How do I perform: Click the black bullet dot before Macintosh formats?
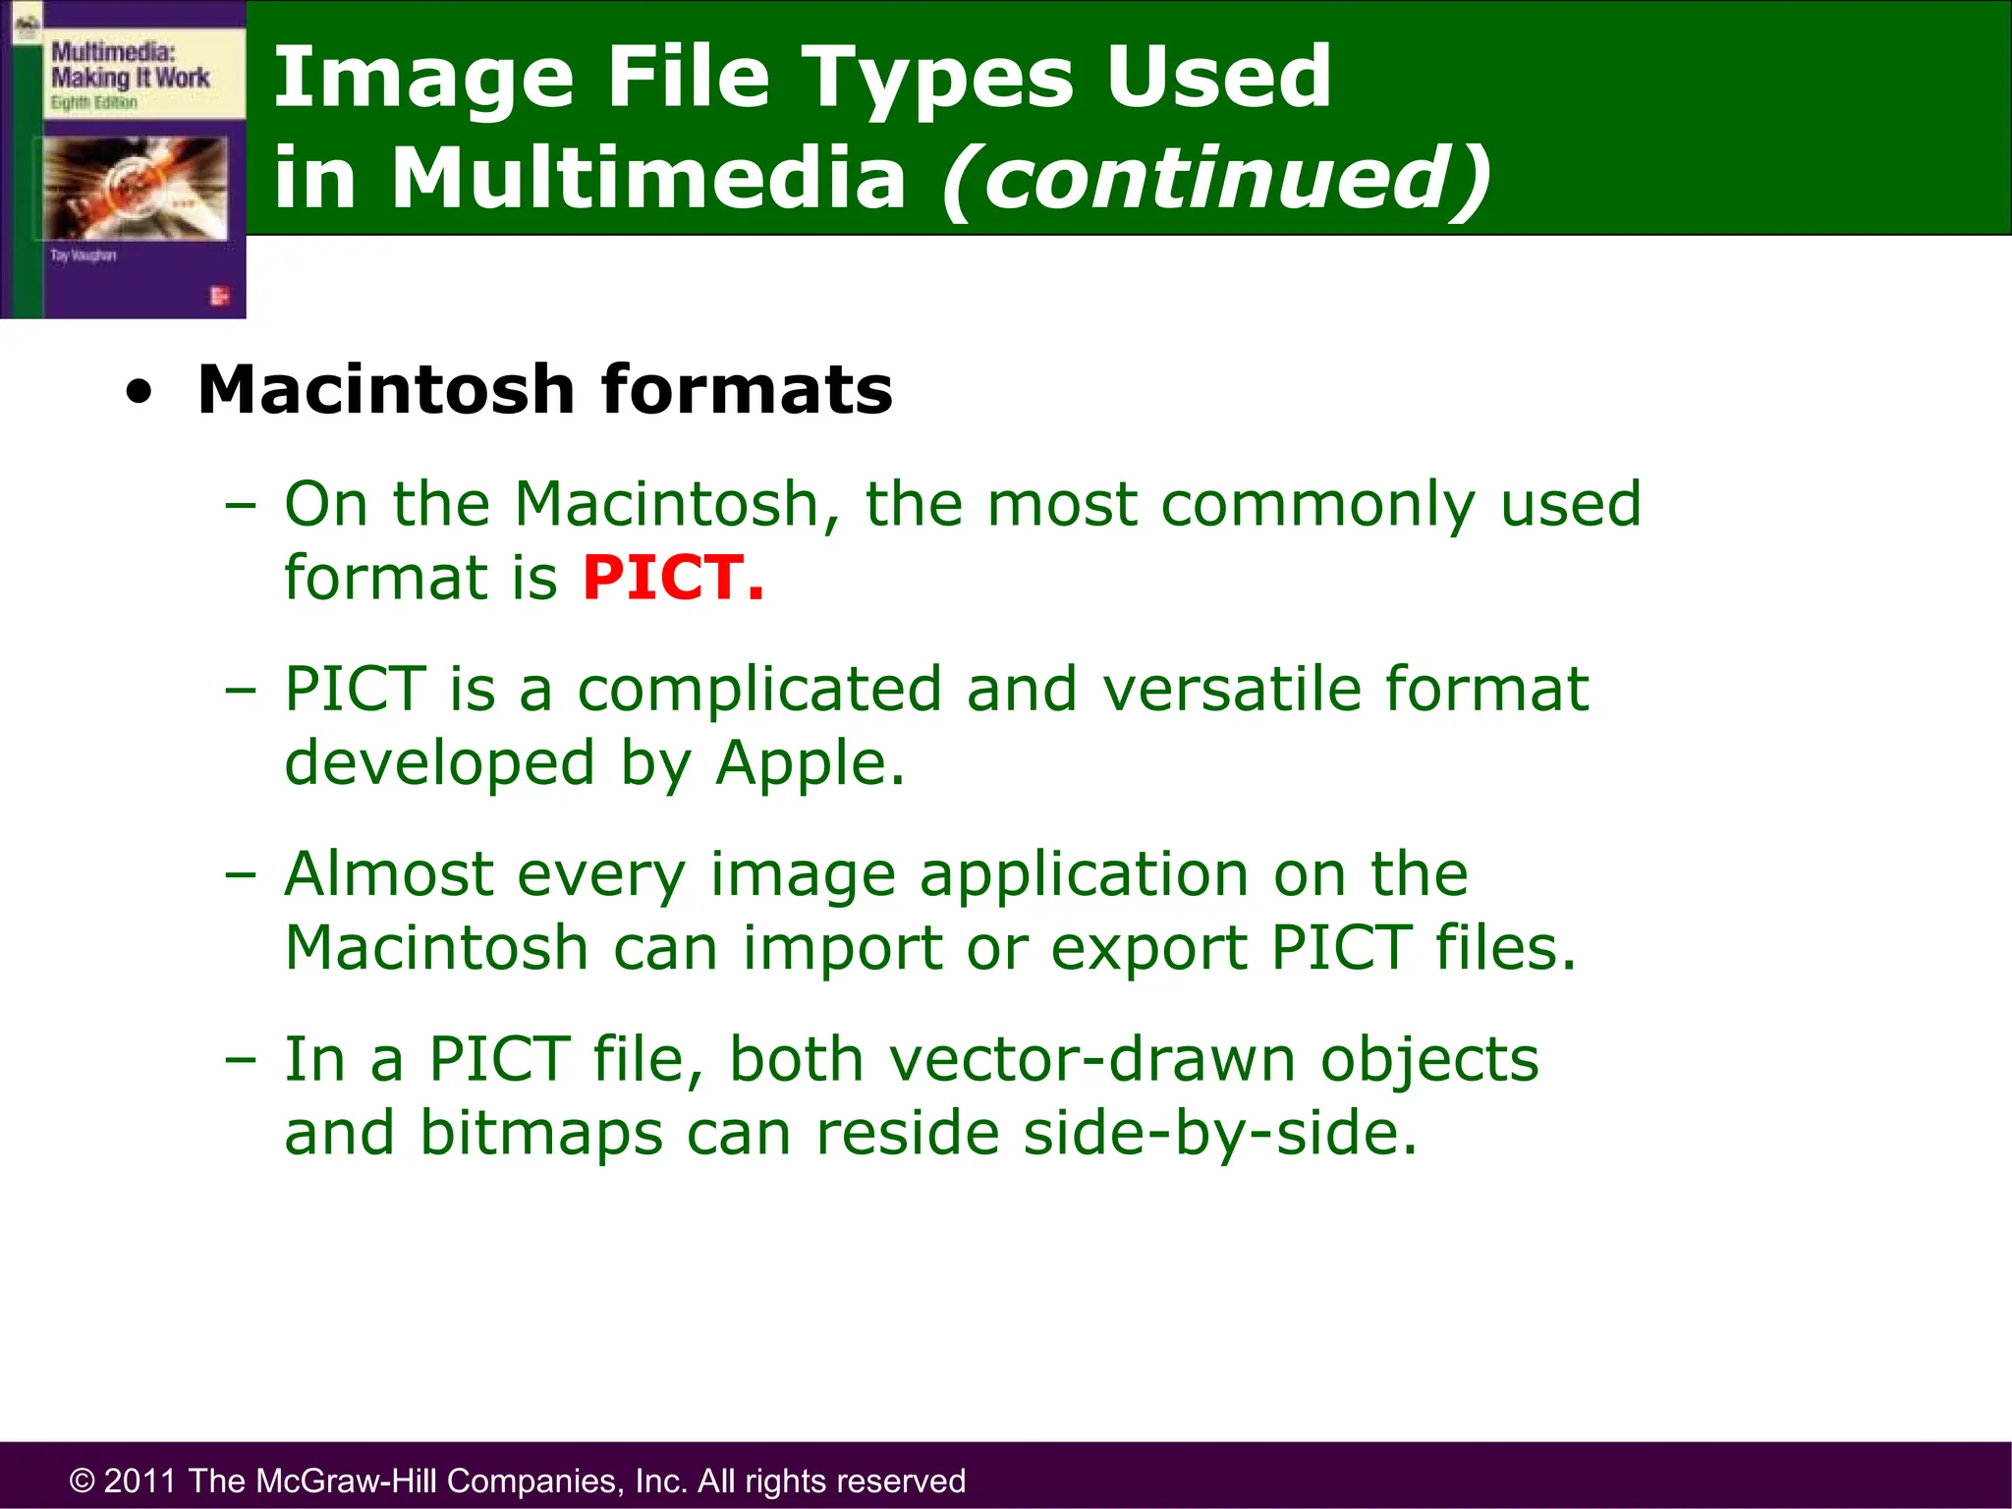pos(140,392)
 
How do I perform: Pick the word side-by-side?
pos(1219,1133)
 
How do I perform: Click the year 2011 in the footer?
pos(140,1481)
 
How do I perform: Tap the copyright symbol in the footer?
pos(83,1481)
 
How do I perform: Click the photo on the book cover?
pos(136,187)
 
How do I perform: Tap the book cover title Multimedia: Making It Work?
pos(130,65)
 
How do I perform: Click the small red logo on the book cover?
pos(219,296)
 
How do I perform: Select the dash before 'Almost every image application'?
pos(240,873)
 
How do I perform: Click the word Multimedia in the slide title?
pos(648,178)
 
